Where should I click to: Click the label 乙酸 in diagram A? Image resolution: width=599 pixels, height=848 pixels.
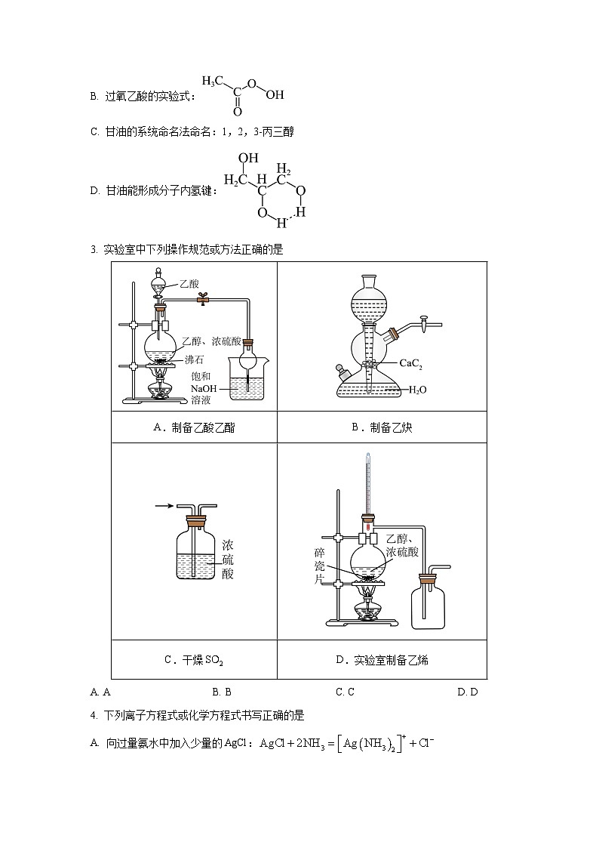point(189,284)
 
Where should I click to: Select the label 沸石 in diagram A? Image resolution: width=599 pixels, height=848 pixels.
point(194,359)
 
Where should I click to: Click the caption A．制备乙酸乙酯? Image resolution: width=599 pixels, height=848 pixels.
point(194,427)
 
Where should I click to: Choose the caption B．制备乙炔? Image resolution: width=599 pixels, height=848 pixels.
point(382,427)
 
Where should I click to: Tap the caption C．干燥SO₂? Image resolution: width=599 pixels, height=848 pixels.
point(194,660)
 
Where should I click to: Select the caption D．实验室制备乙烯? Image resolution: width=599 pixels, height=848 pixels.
point(382,660)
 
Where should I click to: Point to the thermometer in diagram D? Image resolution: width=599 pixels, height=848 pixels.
point(368,483)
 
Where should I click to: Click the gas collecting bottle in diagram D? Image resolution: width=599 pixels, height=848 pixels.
point(427,604)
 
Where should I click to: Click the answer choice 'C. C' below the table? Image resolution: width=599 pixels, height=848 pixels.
point(345,692)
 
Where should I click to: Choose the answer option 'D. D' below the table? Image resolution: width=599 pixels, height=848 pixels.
point(468,692)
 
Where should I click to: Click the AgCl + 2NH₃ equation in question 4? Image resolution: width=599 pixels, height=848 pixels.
point(346,743)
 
